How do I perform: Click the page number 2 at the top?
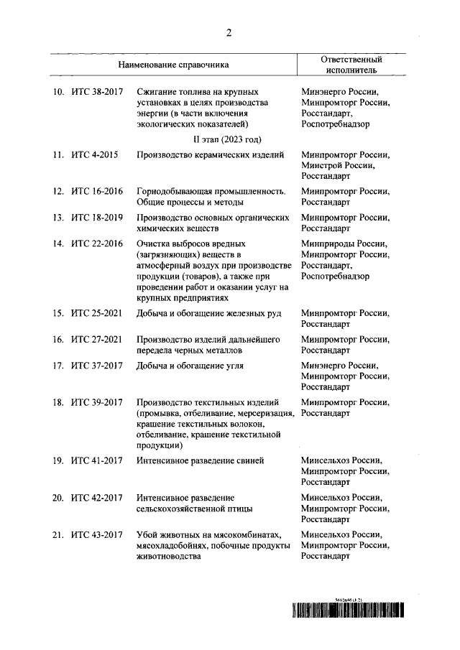pos(229,32)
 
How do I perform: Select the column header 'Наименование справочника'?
pos(175,65)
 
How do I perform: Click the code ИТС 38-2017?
pos(97,92)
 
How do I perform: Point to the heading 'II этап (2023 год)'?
pos(226,139)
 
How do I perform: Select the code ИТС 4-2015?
pos(94,155)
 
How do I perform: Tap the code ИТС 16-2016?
pos(97,192)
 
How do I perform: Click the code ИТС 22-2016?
pos(97,244)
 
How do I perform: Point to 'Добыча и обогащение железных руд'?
pos(208,313)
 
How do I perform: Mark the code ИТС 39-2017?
pos(97,402)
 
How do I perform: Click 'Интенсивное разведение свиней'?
pos(201,460)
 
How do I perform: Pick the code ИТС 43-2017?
pos(97,534)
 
